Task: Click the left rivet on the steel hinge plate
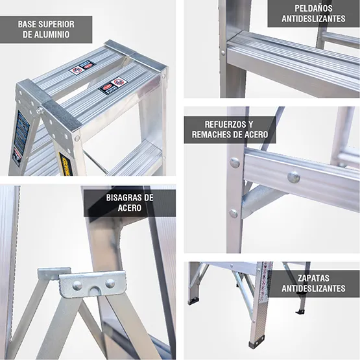(x=77, y=285)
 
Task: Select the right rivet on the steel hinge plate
(x=110, y=283)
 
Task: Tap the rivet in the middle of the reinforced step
(x=294, y=176)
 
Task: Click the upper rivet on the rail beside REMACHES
(x=235, y=163)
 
